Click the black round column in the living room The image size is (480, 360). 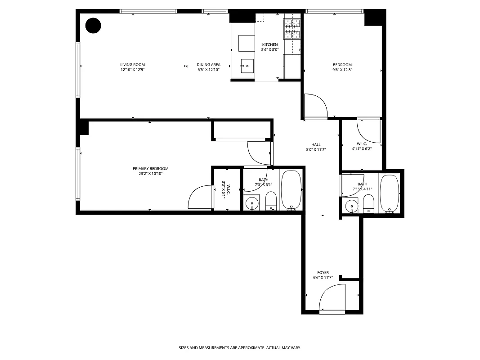coord(94,26)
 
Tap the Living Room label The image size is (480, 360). coord(133,65)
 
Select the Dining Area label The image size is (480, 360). coord(208,65)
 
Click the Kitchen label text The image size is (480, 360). coord(270,45)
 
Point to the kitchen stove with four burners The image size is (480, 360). coord(292,29)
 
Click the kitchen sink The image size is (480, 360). coord(247,66)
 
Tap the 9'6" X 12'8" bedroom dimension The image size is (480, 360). coord(342,70)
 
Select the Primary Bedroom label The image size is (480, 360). coord(151,169)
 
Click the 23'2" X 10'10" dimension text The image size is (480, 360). coord(151,174)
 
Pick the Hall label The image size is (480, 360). coord(316,144)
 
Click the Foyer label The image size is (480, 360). coord(323,273)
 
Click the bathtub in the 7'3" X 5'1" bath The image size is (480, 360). coord(292,189)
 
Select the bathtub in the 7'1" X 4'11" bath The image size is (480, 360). coord(389,193)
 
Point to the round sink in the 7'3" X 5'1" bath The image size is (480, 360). coord(253,203)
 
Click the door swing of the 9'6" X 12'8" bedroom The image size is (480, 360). coord(316,106)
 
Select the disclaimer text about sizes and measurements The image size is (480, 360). coord(240,348)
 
